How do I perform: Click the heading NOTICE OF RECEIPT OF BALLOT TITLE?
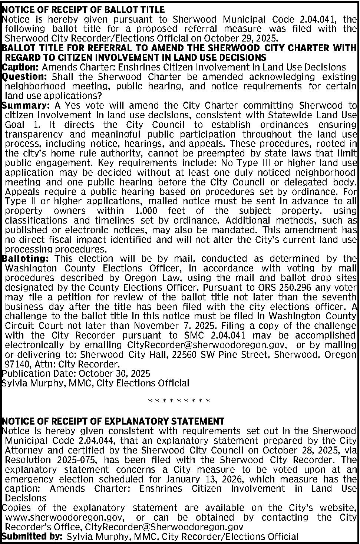(83, 9)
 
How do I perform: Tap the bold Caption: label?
(20, 67)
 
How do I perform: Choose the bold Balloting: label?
(26, 258)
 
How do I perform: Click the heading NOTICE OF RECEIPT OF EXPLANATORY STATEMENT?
(113, 421)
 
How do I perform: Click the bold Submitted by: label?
(32, 537)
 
